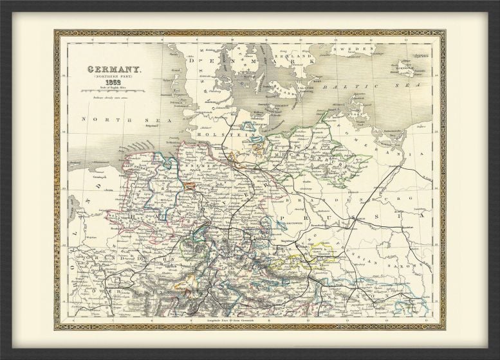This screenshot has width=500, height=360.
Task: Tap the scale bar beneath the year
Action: [107, 92]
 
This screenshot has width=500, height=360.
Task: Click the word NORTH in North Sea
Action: [95, 120]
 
